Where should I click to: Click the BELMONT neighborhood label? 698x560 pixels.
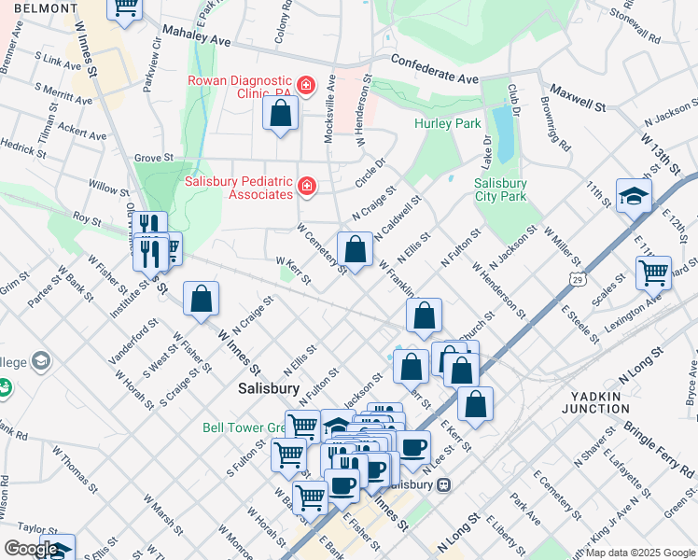pos(38,7)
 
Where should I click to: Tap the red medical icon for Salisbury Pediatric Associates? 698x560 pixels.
pos(305,189)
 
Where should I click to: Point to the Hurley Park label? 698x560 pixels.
pos(447,123)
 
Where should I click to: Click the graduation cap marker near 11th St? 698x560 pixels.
pos(634,197)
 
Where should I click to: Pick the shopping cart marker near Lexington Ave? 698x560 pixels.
pos(653,273)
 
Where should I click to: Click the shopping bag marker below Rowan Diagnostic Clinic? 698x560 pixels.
pos(280,115)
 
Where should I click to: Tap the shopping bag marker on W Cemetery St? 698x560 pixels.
pos(355,250)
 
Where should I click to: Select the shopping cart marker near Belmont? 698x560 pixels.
pos(124,7)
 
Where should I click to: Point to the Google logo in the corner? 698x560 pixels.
pos(31,549)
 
